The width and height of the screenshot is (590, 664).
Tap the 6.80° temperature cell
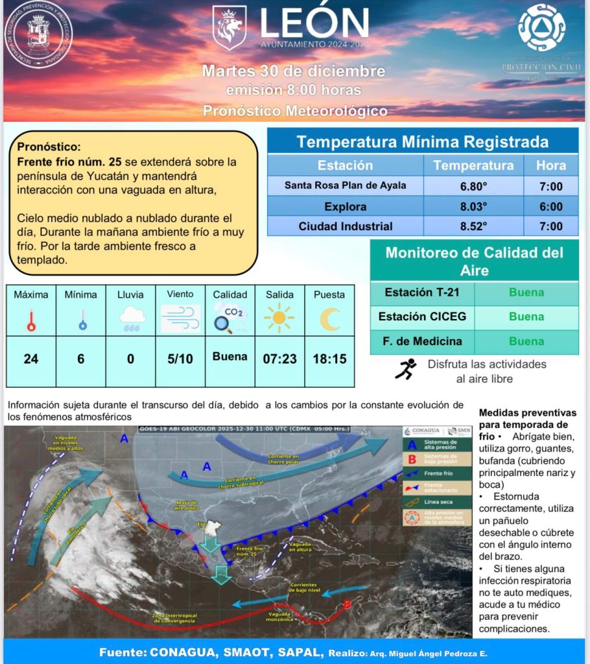473,186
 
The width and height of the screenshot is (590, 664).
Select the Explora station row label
345,207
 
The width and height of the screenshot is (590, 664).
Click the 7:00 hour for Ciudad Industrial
550,226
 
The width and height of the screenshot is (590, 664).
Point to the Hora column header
550,165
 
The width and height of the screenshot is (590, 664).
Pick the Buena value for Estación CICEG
526,316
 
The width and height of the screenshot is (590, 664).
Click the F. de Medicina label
421,341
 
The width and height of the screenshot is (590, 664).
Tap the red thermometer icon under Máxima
30,320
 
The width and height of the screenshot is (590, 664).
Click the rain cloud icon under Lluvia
132,318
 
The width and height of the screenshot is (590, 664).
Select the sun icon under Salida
279,318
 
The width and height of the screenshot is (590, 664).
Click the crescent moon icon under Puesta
330,318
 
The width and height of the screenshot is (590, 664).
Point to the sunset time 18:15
329,359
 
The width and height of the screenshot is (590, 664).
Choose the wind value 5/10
180,359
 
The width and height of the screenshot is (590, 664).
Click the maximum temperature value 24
30,359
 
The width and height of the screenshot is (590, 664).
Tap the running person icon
405,369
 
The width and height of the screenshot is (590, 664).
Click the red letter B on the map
347,604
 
